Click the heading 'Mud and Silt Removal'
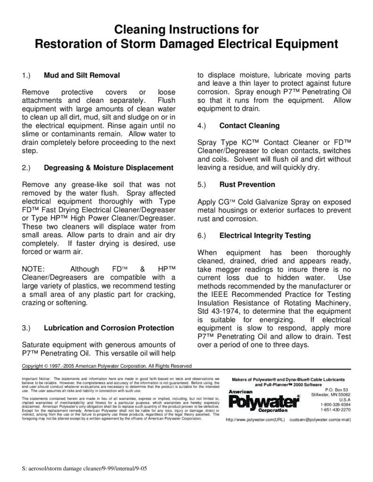(82, 75)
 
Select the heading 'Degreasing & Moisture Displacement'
(108, 168)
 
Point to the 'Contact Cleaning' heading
(249, 126)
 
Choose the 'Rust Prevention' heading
(247, 185)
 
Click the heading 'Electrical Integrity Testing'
(265, 235)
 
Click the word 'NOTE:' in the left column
(33, 269)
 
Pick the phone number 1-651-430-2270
(335, 410)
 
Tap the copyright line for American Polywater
(107, 365)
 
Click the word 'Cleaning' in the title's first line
(140, 30)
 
